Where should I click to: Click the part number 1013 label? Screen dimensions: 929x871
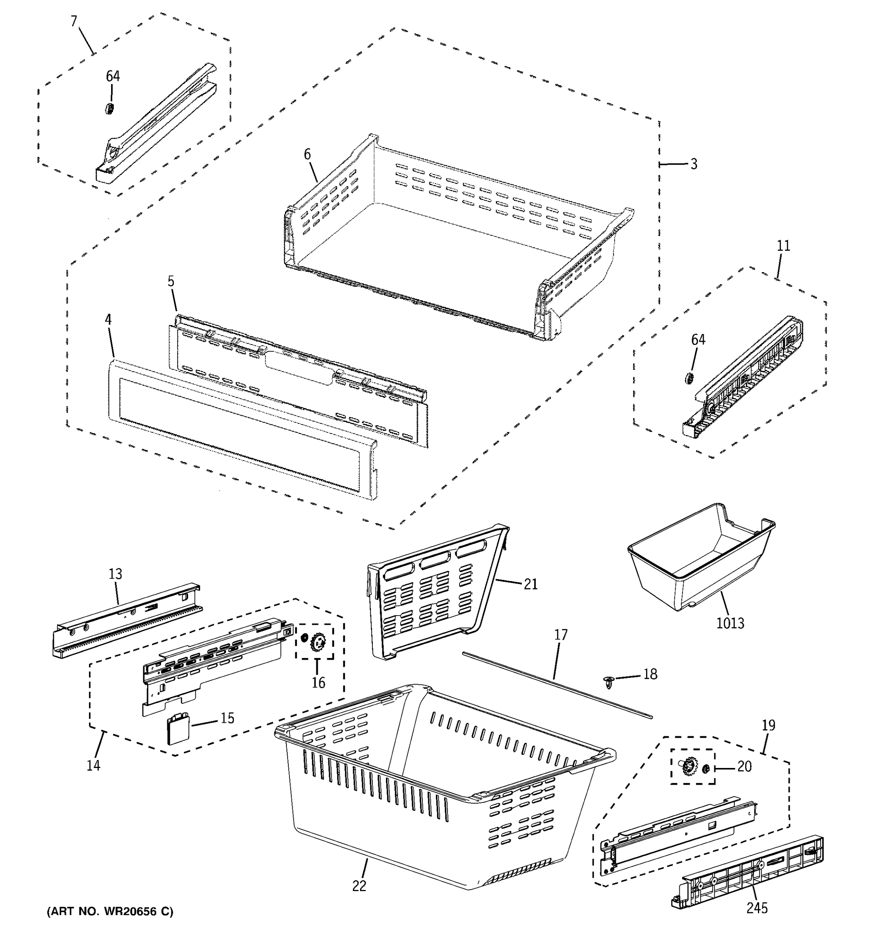(x=730, y=623)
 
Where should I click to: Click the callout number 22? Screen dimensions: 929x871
(x=359, y=886)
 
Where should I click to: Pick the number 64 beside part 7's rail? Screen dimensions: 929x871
(x=113, y=76)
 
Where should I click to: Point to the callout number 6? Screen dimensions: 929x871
(x=307, y=154)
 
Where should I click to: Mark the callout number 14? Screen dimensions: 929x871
(x=93, y=765)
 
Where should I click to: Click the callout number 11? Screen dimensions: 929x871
(x=783, y=245)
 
